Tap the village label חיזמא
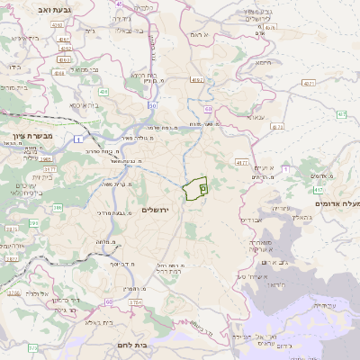[x=263, y=62]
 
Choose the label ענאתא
[x=255, y=117]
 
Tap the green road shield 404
[x=103, y=91]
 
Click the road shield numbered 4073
[x=276, y=127]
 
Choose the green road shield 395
[x=34, y=222]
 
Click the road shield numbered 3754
[x=135, y=302]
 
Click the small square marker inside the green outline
[x=203, y=188]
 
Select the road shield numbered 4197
[x=196, y=80]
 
